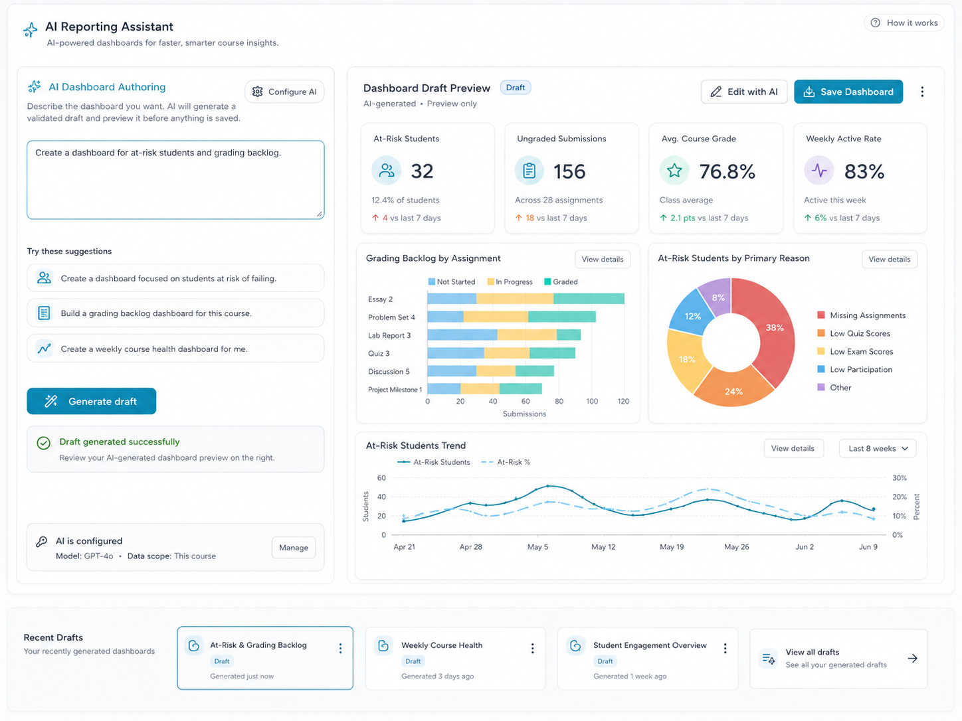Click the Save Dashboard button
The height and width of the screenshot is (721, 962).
848,92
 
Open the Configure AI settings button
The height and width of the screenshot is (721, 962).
284,92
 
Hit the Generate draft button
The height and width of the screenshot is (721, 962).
91,401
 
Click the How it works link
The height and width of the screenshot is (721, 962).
904,23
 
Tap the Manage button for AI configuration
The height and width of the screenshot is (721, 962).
294,547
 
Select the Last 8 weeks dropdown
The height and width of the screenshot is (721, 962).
878,448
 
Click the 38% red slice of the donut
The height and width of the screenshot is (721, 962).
771,329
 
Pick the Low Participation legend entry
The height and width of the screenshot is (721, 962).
855,370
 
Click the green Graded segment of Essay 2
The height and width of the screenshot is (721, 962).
589,299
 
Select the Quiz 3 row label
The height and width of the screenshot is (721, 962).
379,353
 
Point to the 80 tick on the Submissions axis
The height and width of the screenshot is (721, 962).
559,401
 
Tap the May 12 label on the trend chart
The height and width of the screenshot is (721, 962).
603,547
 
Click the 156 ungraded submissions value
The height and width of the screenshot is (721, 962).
569,171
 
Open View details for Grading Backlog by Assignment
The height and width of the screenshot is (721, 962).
602,259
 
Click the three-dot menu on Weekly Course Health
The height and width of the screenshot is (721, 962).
533,649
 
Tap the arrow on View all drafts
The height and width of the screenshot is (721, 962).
912,659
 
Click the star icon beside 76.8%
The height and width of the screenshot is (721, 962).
674,170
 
